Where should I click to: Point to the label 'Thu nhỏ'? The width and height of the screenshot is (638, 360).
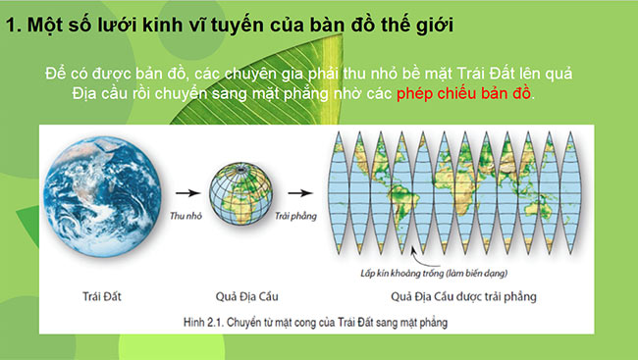point(186,213)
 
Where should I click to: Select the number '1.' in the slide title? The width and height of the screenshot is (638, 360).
point(14,22)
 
